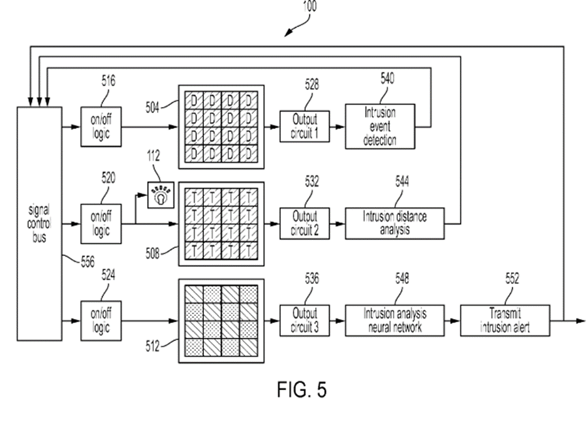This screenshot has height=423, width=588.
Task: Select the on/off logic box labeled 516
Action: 101,127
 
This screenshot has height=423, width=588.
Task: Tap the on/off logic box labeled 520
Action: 101,223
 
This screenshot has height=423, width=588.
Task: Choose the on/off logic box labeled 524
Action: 101,320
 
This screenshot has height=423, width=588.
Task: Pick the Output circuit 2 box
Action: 304,223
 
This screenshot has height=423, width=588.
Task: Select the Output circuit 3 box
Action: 304,320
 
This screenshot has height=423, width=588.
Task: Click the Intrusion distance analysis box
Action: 395,223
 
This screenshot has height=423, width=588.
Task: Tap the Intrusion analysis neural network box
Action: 395,320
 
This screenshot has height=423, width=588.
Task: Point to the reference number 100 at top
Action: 309,7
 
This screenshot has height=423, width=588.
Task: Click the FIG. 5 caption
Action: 301,390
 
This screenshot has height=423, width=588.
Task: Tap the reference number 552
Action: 512,280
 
